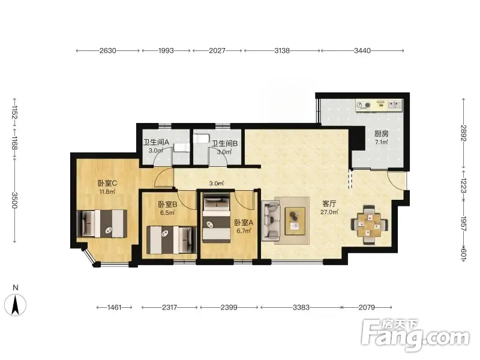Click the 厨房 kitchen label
click(381, 134)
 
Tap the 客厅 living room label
click(329, 203)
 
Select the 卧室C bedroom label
click(107, 183)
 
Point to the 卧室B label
click(168, 204)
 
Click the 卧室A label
click(244, 223)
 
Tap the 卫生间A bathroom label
click(156, 142)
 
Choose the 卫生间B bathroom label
click(225, 143)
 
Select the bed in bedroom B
click(172, 239)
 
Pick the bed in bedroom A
click(217, 218)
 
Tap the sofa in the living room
click(271, 219)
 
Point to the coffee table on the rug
click(295, 221)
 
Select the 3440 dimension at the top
click(362, 50)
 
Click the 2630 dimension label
click(108, 50)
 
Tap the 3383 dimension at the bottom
click(301, 307)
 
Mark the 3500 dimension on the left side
click(14, 200)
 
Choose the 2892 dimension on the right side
click(464, 133)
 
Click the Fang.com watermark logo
click(415, 335)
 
